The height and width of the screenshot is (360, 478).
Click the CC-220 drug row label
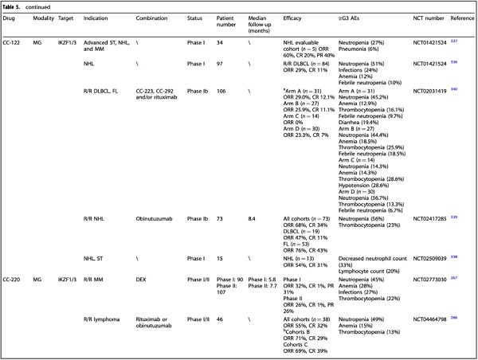tap(13, 280)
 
